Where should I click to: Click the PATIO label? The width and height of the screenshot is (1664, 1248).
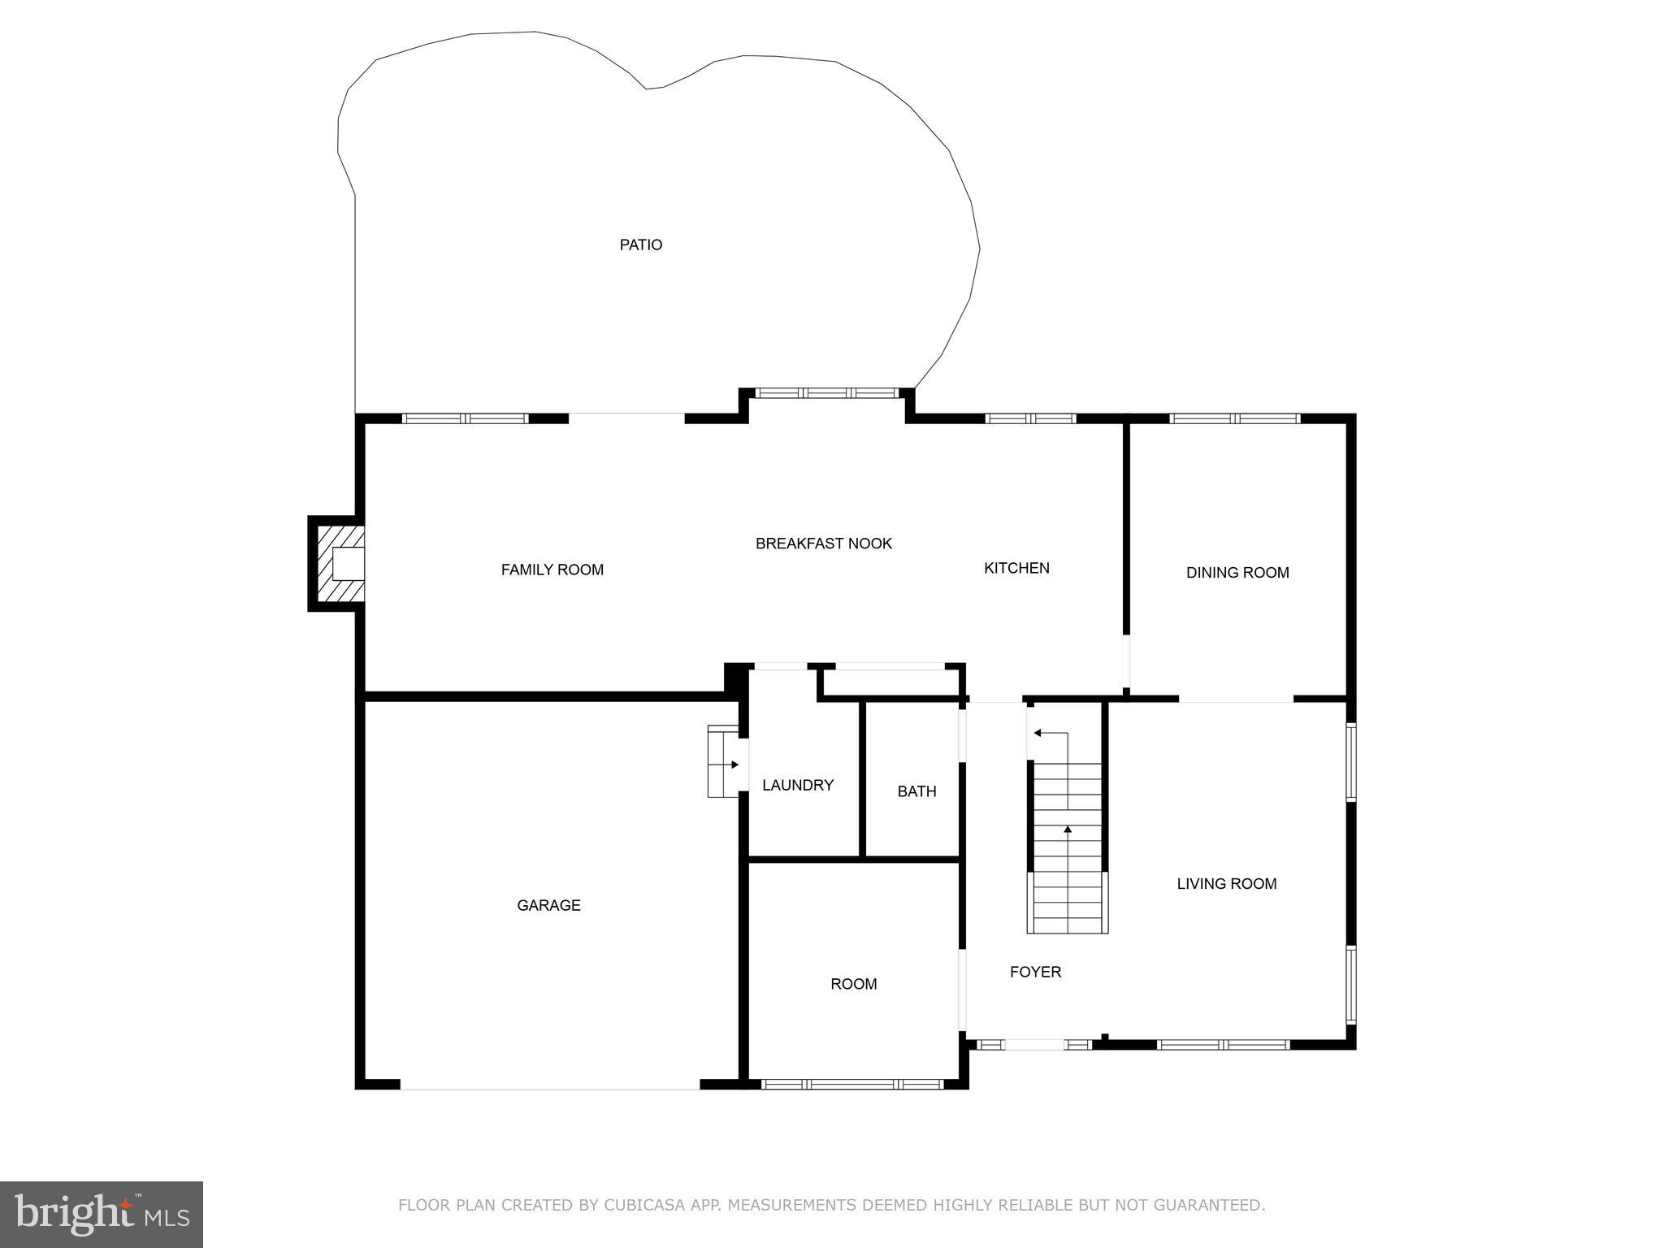click(641, 245)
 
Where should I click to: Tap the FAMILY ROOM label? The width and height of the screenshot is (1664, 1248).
click(552, 570)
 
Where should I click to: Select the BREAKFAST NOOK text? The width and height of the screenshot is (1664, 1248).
click(823, 544)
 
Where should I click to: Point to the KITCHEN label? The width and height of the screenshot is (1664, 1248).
click(1016, 568)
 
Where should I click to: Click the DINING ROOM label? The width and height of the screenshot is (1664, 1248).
click(1237, 573)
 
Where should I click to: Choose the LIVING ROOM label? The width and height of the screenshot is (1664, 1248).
click(1226, 884)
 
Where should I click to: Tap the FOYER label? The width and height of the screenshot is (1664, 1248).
click(1035, 972)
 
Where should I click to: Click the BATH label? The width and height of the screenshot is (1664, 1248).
click(916, 791)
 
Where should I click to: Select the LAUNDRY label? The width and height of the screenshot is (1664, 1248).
click(797, 785)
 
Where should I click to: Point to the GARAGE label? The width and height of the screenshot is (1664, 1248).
click(548, 905)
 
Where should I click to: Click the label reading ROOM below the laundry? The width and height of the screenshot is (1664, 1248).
click(853, 984)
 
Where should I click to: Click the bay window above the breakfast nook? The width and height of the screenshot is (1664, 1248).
click(827, 393)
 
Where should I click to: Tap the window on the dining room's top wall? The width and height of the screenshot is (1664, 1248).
click(1235, 419)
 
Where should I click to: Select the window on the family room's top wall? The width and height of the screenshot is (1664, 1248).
click(465, 419)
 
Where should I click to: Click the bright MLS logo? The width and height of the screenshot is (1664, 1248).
click(102, 1214)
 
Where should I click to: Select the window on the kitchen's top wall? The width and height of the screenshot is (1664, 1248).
click(1030, 419)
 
